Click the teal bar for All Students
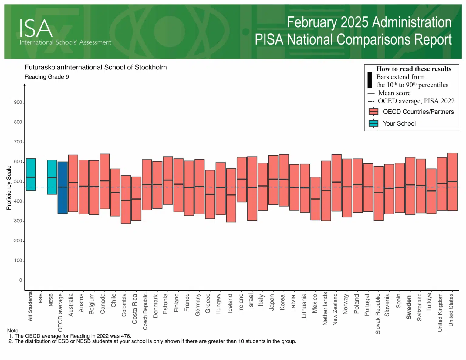(31, 174)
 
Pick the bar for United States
(452, 182)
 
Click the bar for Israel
(252, 188)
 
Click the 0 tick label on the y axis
(21, 280)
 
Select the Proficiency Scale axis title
(9, 187)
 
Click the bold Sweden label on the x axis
(409, 307)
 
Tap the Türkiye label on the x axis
(429, 302)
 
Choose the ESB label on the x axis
(41, 298)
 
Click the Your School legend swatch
(373, 123)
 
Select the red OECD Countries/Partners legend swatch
(373, 112)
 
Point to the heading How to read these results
(414, 69)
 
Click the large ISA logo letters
(36, 29)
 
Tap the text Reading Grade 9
(47, 77)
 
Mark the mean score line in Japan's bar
(273, 179)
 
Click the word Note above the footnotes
(13, 331)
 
